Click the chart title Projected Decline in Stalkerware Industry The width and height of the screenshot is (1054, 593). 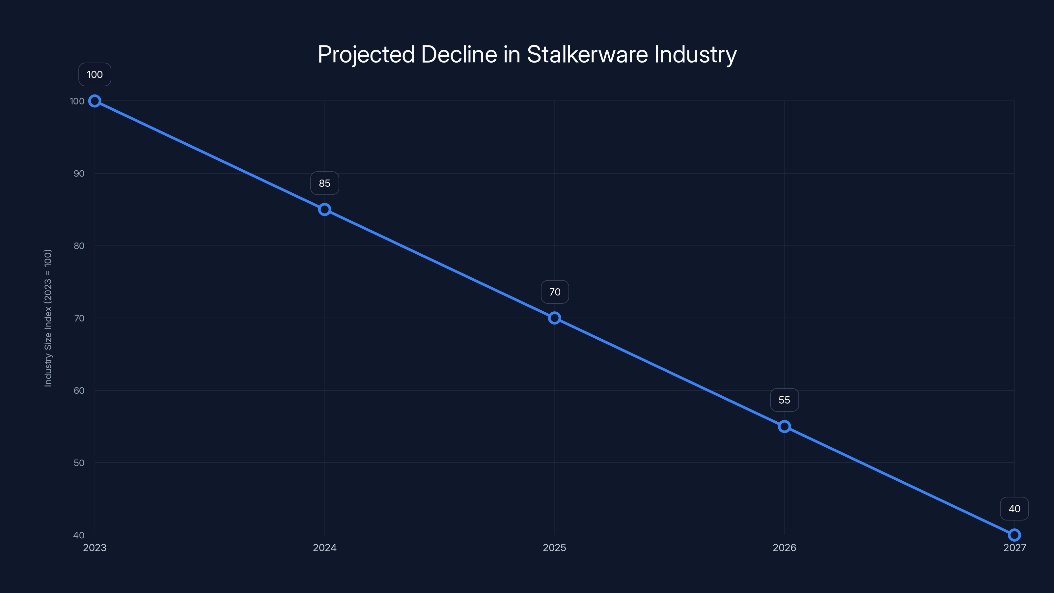pos(527,54)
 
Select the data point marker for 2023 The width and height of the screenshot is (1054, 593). pos(95,101)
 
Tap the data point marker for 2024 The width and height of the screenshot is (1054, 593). pos(324,210)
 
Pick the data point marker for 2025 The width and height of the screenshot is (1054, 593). pos(554,318)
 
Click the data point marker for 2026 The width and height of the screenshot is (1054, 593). pos(784,426)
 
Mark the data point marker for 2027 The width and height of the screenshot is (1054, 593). pos(1014,535)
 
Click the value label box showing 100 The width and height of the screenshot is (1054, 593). pos(95,74)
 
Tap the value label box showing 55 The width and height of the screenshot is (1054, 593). pos(784,400)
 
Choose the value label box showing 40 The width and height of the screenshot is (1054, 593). pos(1014,509)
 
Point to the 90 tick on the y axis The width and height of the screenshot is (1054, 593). pos(79,174)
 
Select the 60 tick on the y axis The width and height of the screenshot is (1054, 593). pos(79,390)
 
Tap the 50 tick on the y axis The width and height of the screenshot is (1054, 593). pos(79,463)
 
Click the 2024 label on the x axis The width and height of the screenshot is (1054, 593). pos(324,548)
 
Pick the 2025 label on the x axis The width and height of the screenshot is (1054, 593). pos(554,548)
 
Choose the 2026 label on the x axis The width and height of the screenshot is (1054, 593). pos(784,548)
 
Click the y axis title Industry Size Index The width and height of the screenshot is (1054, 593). pos(48,318)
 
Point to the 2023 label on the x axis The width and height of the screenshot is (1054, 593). pos(95,548)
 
